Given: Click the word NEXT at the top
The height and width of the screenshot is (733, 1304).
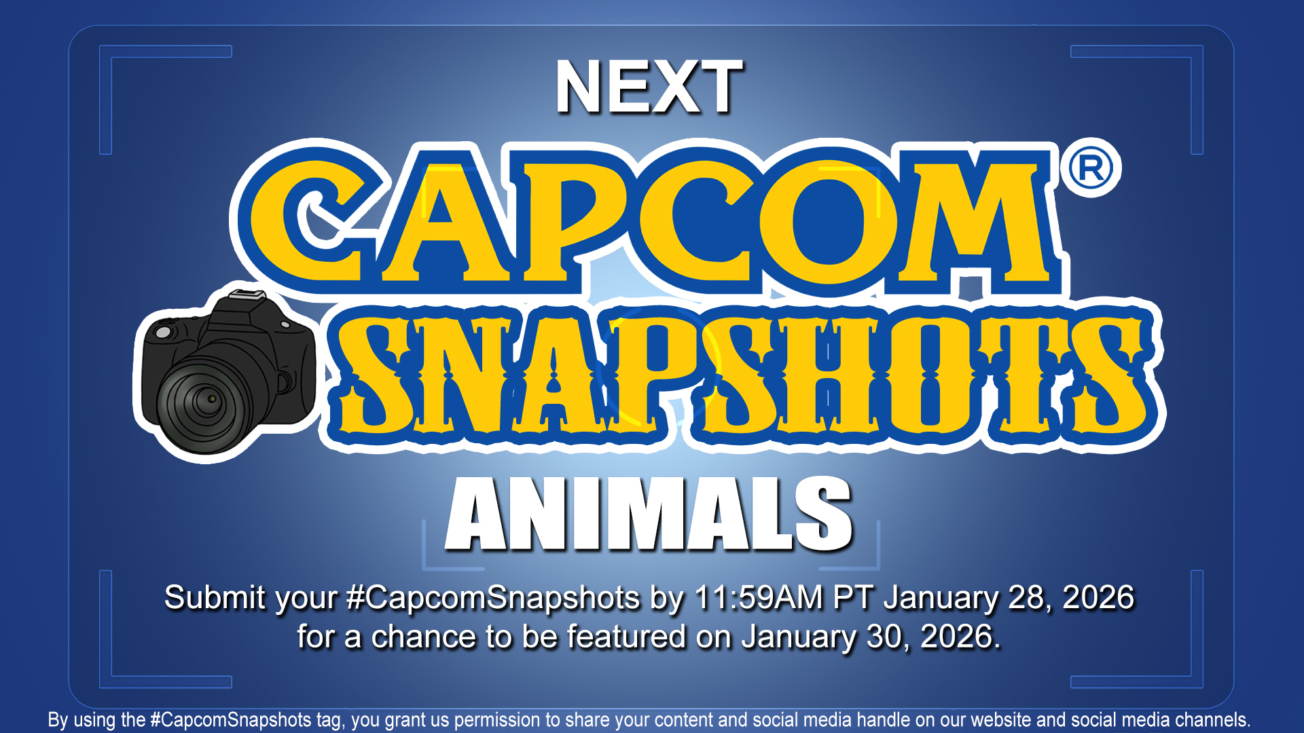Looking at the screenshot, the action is (x=649, y=87).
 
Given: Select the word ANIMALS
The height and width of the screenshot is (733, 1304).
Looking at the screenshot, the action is (x=649, y=514).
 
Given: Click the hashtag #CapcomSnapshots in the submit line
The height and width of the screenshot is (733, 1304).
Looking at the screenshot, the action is (x=492, y=598).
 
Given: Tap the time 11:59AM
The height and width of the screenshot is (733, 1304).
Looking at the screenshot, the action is (x=759, y=598).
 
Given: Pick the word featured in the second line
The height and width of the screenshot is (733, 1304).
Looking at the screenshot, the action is (x=626, y=637).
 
